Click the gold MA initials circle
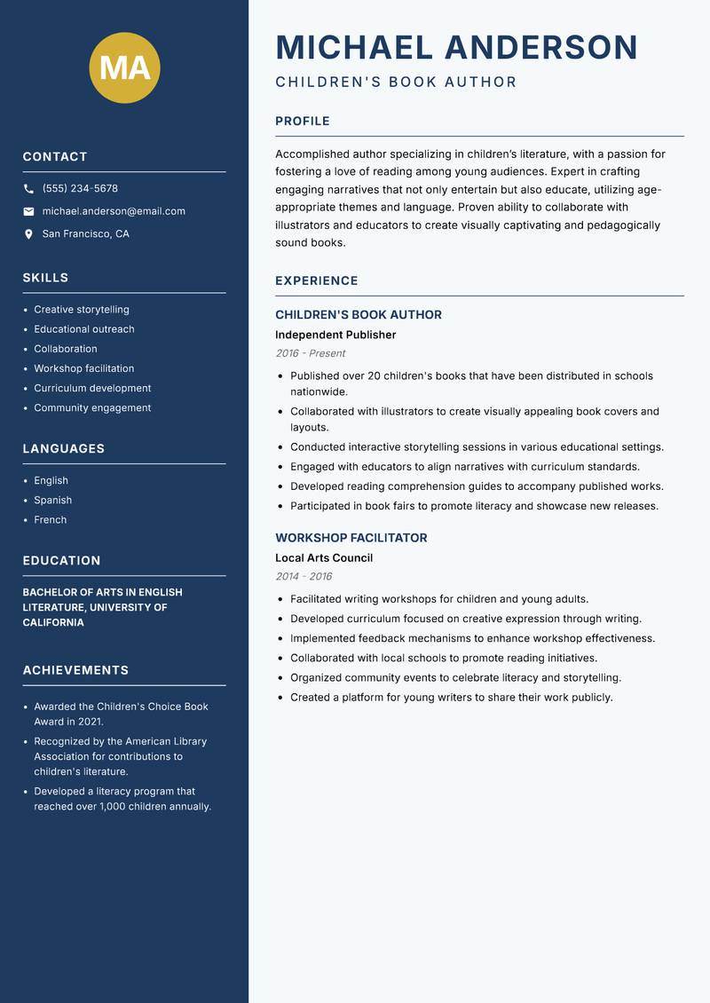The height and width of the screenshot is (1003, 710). coord(125,67)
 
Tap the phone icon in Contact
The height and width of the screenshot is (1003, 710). coord(28,189)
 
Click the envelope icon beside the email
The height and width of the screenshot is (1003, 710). coord(28,211)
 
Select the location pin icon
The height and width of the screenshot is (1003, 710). coord(28,234)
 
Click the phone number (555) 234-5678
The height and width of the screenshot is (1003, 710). coord(80,189)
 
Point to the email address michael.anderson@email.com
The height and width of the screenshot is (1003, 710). coord(114,211)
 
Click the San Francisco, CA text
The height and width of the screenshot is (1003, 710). coord(85,234)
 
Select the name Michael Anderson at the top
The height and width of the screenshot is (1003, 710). coord(456,47)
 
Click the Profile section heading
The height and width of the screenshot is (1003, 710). coord(302,122)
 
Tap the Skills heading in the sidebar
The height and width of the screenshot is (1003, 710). coord(45,278)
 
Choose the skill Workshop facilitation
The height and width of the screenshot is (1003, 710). coord(84,368)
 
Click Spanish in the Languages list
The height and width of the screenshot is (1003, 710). coord(52,501)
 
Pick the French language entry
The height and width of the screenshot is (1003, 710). coord(50,520)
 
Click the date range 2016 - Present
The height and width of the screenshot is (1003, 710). coord(310,353)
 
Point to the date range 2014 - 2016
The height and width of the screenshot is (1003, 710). coord(304,576)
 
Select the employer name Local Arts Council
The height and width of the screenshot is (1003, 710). coord(324,558)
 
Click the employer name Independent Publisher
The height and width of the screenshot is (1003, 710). coord(335,336)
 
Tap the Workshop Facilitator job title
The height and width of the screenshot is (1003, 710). coord(351,538)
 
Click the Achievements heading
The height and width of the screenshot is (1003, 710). coord(75,670)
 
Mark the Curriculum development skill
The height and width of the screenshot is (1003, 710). coord(92,388)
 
